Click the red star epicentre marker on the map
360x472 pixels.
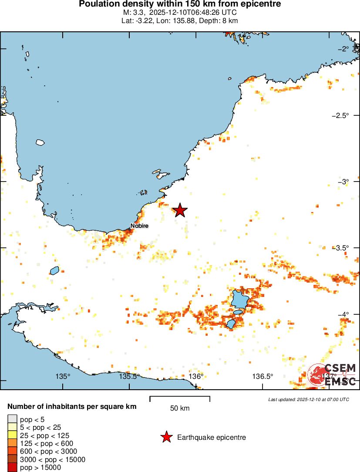point(180,210)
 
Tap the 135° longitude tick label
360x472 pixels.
point(63,376)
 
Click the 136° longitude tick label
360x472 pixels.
point(196,376)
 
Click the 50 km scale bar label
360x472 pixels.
point(180,408)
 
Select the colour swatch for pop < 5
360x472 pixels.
point(12,419)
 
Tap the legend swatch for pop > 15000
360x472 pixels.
point(12,468)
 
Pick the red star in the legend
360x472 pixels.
point(166,437)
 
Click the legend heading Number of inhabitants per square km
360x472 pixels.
point(72,407)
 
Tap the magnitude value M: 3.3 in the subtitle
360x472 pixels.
point(133,13)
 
